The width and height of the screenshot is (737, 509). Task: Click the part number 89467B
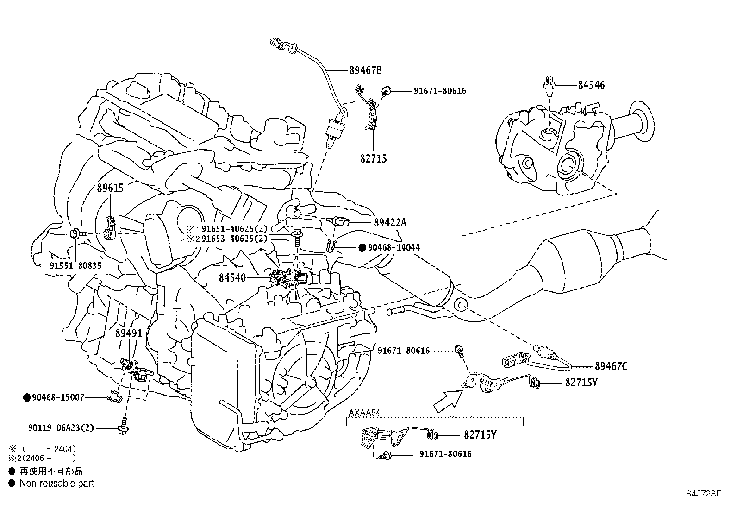click(x=365, y=70)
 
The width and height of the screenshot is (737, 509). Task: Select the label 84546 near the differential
click(x=591, y=85)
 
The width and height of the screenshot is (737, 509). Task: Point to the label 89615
click(x=110, y=188)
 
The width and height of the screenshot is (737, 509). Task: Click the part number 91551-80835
click(x=75, y=265)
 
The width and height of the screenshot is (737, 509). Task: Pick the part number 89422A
click(x=390, y=223)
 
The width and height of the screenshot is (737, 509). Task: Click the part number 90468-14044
click(x=393, y=248)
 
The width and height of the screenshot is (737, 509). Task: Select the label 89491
click(x=129, y=333)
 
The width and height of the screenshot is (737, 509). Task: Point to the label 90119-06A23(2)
click(x=61, y=428)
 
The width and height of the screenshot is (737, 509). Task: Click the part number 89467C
click(x=611, y=366)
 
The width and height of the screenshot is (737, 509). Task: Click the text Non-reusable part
click(x=56, y=484)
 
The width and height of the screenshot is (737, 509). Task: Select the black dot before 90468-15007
click(x=27, y=397)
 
